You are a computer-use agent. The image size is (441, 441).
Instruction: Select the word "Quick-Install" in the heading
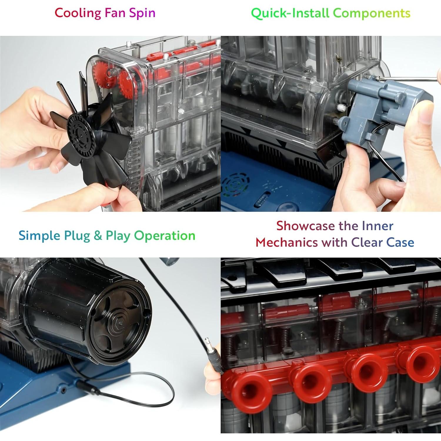pyautogui.click(x=290, y=13)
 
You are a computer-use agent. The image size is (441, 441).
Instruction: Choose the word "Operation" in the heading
pyautogui.click(x=165, y=236)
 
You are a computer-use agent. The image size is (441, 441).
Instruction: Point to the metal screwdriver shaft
pyautogui.click(x=412, y=78)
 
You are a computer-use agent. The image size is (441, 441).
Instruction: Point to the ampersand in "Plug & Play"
pyautogui.click(x=98, y=236)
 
